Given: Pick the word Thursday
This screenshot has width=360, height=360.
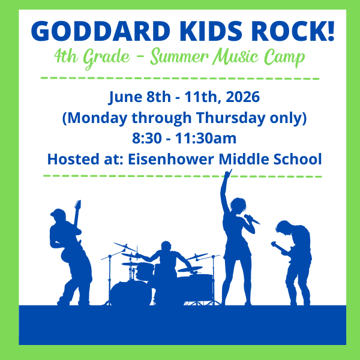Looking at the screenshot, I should (x=227, y=118).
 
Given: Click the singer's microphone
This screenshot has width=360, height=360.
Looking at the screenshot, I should (x=253, y=219).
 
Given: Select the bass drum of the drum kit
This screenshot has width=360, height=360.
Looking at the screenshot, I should (x=127, y=292).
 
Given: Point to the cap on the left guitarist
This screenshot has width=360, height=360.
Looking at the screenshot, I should (x=58, y=214).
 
